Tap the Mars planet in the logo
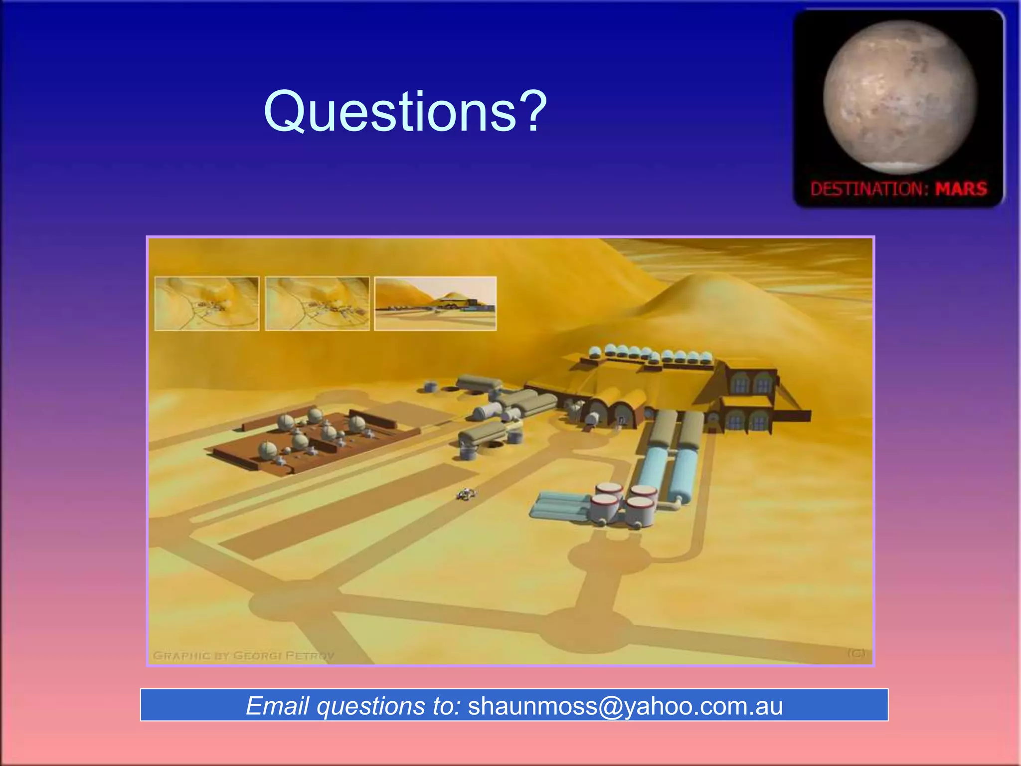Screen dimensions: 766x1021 [899, 97]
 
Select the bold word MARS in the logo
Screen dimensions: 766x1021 [961, 189]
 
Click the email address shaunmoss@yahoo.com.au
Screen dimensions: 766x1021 [625, 706]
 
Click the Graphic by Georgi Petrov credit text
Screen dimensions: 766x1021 [243, 655]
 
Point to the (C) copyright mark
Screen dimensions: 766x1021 [856, 653]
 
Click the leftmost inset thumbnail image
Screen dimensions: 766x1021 [207, 303]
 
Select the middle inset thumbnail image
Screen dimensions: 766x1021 [317, 303]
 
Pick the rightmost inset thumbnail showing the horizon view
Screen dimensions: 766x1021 [435, 303]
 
